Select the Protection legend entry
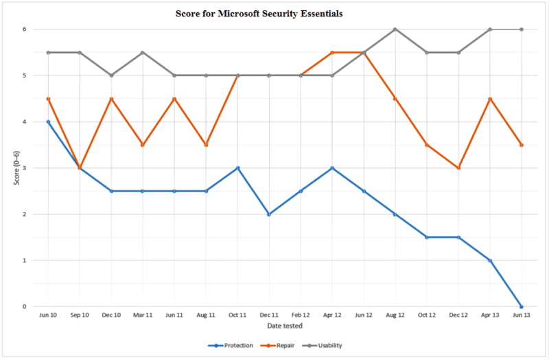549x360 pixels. (x=237, y=346)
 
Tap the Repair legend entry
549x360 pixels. (x=286, y=346)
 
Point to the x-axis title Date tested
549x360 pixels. (x=285, y=326)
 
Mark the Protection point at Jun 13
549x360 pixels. (x=522, y=307)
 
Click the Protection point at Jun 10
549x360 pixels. (x=48, y=122)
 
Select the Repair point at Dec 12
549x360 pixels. (x=458, y=168)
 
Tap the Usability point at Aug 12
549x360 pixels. (x=395, y=29)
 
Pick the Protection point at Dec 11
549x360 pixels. (x=269, y=214)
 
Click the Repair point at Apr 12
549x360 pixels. (x=332, y=53)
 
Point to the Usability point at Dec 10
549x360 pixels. (x=111, y=75)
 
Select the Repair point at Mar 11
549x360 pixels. (x=143, y=145)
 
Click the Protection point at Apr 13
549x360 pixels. (x=490, y=261)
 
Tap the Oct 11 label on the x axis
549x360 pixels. (x=237, y=315)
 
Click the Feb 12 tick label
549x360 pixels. (x=301, y=315)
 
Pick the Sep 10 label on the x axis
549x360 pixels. (x=80, y=315)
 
